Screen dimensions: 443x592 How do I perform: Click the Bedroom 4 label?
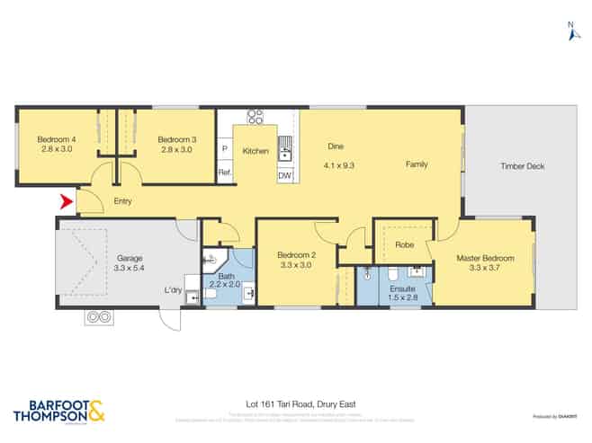click(56, 139)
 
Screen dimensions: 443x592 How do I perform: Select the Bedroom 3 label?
click(175, 139)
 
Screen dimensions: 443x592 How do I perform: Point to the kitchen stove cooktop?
click(256, 116)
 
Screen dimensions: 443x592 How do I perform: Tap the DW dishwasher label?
click(284, 175)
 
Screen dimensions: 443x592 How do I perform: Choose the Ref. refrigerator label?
click(225, 173)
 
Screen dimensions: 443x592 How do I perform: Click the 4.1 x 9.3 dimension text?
click(338, 164)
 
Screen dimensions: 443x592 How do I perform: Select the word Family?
click(417, 164)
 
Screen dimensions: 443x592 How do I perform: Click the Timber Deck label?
click(523, 166)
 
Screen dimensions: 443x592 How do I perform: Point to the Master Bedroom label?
click(485, 258)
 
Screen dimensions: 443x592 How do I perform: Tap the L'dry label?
click(173, 289)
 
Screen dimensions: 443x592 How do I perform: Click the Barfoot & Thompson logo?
click(59, 412)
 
